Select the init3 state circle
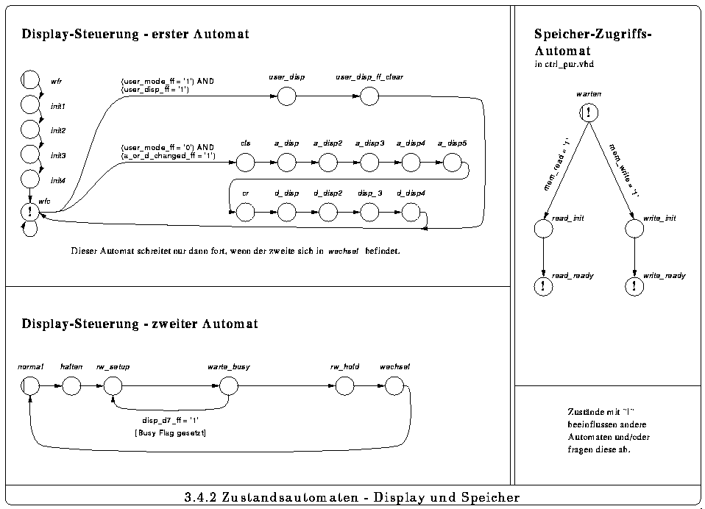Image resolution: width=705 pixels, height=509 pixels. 30,154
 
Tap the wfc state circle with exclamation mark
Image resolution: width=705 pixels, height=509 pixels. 30,212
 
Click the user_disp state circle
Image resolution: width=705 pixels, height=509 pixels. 286,96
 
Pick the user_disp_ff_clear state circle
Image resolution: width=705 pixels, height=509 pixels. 369,96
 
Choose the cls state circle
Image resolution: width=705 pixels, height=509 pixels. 245,162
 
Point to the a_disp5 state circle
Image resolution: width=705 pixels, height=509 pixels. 452,162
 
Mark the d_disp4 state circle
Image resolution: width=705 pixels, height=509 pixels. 411,213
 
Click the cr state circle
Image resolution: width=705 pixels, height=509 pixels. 245,213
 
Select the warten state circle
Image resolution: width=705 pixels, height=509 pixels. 589,113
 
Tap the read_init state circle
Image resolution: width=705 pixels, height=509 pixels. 543,229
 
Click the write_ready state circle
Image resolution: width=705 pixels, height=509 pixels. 634,286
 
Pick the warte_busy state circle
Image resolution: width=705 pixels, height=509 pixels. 229,385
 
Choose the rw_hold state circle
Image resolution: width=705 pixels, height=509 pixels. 344,385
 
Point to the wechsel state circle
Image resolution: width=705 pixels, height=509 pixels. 394,385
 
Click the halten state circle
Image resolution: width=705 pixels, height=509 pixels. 71,385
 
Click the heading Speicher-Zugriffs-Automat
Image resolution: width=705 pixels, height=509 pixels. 594,43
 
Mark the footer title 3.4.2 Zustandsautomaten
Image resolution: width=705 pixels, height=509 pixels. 352,498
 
